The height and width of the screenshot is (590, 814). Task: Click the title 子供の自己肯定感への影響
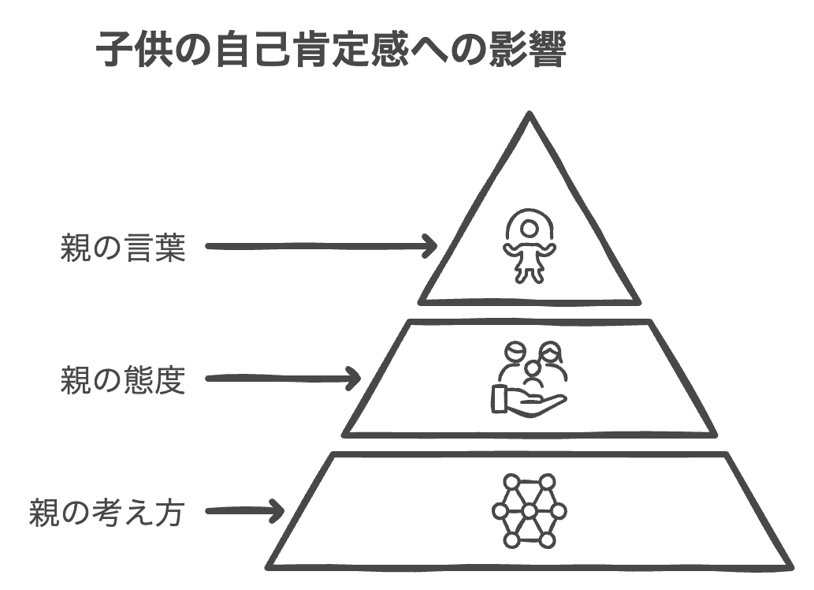coord(331,50)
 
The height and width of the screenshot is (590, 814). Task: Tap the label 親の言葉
coord(123,248)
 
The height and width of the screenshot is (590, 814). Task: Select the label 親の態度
coord(123,380)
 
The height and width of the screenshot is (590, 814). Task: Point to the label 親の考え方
coord(107,513)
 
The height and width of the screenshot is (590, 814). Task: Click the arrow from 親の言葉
coord(322,246)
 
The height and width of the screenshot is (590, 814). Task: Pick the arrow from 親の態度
coord(283,379)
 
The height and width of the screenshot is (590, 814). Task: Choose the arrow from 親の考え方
coord(245,511)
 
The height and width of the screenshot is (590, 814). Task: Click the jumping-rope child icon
coord(529,246)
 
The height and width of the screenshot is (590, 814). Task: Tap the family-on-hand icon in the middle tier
coord(529,378)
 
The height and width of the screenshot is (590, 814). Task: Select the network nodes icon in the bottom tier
coord(529,511)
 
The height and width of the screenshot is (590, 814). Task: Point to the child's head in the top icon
coord(529,228)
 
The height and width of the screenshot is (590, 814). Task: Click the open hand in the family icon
coord(529,401)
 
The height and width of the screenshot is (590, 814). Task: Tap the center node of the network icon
coord(529,511)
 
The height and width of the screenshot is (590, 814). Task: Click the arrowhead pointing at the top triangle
coord(429,246)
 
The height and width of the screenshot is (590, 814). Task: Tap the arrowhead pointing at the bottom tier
coord(277,511)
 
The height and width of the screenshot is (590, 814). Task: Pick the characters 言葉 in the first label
coord(154,248)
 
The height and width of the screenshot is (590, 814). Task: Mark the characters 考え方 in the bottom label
coord(139,513)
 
